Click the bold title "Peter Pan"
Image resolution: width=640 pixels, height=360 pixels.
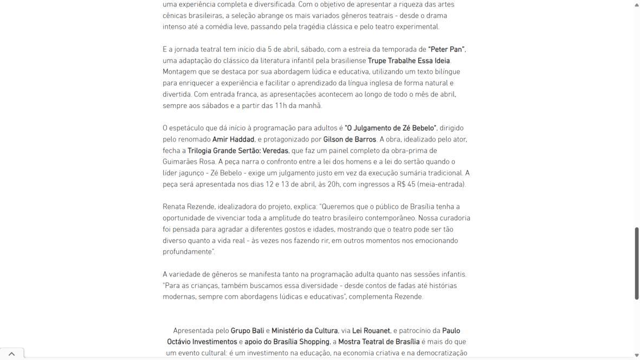coord(447,49)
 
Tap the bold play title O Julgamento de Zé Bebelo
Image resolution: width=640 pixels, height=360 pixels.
coord(390,128)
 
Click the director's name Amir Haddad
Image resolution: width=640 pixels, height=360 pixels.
coord(233,139)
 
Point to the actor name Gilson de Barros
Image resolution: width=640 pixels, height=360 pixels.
coord(350,139)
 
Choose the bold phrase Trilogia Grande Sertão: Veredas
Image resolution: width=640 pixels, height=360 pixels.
coord(238,151)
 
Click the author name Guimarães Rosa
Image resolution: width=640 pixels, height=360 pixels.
coord(189,162)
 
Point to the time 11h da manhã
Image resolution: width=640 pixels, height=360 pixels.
coord(298,106)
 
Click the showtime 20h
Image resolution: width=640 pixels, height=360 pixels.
coord(334,184)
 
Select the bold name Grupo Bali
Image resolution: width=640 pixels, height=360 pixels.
coord(247,331)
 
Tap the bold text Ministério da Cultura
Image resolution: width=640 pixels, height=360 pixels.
coord(305,331)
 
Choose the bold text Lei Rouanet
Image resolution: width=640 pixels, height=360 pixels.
coord(371,331)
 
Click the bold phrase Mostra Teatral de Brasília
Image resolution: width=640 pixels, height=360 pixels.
coord(379,342)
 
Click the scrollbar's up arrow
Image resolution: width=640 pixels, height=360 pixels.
coord(637,4)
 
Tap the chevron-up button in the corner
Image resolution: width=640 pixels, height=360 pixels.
coord(11,353)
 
